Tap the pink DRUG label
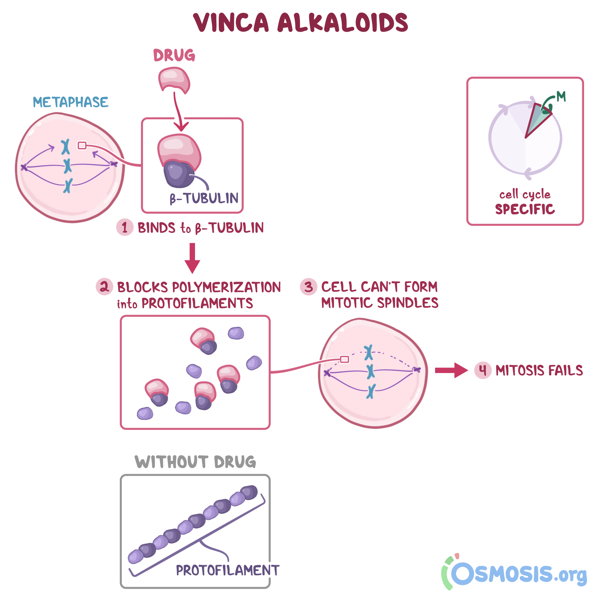point(174,55)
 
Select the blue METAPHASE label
point(71,102)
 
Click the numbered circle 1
point(125,227)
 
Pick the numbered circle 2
point(105,287)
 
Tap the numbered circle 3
point(308,287)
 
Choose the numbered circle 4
point(483,370)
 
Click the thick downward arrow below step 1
point(192,258)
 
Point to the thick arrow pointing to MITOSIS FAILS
point(451,370)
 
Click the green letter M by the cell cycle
point(561,96)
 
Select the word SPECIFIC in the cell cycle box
point(525,209)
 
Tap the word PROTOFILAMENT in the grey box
point(228,570)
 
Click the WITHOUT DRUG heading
point(195,462)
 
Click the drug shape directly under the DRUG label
point(175,80)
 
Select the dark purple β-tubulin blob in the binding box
point(179,174)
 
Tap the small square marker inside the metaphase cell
point(82,146)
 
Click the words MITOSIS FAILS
point(539,370)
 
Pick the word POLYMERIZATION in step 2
point(227,287)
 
